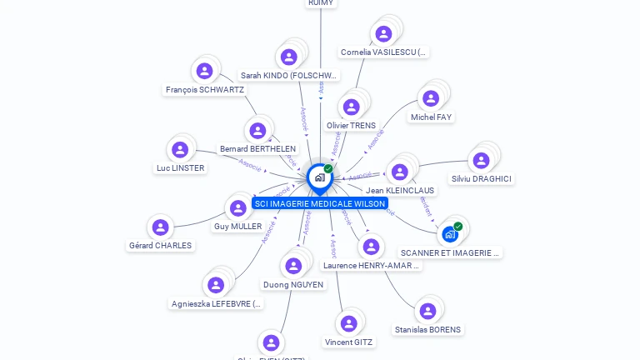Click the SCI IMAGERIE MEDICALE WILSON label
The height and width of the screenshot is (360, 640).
click(x=320, y=203)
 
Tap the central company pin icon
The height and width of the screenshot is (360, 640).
click(x=319, y=177)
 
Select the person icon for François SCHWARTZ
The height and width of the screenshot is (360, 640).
click(x=204, y=71)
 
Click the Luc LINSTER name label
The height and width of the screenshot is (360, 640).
click(x=180, y=168)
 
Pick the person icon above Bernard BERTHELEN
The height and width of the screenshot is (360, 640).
click(x=257, y=131)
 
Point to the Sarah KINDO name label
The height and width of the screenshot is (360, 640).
click(x=289, y=76)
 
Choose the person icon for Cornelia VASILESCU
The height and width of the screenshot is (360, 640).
click(x=383, y=34)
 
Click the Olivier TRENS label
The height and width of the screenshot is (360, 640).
click(x=351, y=126)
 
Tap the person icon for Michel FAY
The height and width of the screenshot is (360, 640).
click(x=431, y=99)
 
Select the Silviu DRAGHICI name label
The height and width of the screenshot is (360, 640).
click(x=482, y=179)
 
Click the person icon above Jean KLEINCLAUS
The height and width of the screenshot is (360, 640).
click(x=400, y=172)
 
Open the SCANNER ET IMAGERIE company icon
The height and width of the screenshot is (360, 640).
click(x=450, y=234)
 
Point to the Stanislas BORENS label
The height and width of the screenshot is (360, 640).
click(x=427, y=330)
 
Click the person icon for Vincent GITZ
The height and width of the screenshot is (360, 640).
click(x=349, y=323)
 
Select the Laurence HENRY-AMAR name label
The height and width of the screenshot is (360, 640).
click(x=371, y=266)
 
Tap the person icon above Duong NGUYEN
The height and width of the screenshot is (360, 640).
click(x=293, y=266)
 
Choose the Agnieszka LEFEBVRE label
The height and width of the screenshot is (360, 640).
click(x=217, y=304)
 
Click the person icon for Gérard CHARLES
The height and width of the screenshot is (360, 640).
click(x=160, y=227)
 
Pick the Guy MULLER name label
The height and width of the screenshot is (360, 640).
click(x=237, y=227)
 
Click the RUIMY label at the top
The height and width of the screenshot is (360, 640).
click(x=321, y=3)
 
